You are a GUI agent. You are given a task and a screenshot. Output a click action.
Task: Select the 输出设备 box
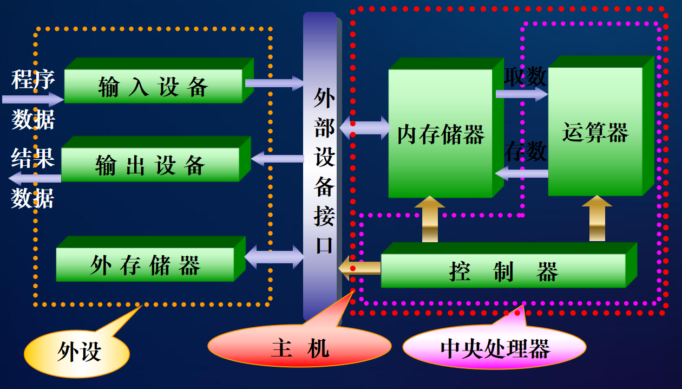[150, 165]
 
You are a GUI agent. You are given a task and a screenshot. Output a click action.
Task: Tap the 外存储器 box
[145, 265]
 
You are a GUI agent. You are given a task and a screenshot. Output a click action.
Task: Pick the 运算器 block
[595, 132]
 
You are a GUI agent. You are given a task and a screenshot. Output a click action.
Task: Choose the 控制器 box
[503, 270]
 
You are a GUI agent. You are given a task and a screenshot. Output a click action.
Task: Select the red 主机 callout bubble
[299, 347]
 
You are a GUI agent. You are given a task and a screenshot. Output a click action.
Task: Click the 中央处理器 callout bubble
[495, 348]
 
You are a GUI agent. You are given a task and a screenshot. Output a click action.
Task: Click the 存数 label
[525, 152]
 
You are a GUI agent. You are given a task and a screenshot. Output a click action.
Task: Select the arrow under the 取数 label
[521, 94]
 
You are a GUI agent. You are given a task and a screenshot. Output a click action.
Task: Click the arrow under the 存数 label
[521, 173]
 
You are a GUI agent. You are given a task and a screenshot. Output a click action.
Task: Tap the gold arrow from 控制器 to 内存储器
[430, 219]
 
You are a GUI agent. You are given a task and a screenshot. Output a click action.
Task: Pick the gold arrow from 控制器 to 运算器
[597, 218]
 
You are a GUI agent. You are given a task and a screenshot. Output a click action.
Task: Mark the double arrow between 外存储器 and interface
[274, 257]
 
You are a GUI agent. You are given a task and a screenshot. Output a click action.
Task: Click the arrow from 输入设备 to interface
[275, 83]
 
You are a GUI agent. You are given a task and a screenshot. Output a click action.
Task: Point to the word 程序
[34, 80]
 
